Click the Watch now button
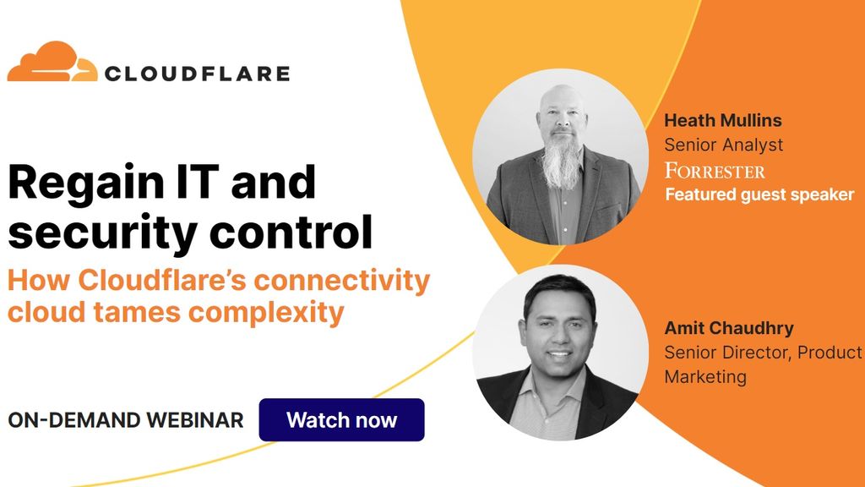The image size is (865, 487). (341, 419)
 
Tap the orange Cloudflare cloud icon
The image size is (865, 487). (52, 62)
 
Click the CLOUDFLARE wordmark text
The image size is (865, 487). (197, 74)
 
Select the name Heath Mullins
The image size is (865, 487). (723, 120)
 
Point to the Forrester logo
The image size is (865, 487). (715, 171)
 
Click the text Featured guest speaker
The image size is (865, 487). (759, 194)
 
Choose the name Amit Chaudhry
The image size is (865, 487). (729, 328)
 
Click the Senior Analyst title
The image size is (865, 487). (723, 145)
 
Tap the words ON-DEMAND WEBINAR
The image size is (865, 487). (126, 420)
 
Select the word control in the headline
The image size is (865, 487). (291, 232)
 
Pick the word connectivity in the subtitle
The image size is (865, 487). (341, 281)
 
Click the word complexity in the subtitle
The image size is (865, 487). (266, 314)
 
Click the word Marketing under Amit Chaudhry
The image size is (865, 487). (705, 377)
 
